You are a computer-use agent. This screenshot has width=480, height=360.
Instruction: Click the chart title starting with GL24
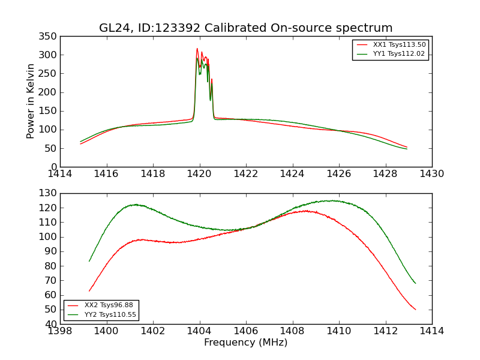[x=246, y=28]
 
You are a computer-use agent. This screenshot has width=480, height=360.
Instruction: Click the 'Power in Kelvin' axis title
[x=31, y=101]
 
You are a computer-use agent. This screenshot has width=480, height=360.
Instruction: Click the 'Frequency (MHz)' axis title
[x=246, y=343]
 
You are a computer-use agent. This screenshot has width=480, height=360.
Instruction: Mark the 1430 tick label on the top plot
[x=432, y=174]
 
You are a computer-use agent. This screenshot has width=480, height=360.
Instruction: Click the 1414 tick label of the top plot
[x=60, y=174]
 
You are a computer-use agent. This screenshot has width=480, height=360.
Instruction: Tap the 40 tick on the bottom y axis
[x=51, y=325]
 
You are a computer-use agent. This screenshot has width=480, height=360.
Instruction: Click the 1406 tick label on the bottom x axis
[x=246, y=331]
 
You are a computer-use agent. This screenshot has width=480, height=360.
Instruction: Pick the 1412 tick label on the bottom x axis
[x=385, y=331]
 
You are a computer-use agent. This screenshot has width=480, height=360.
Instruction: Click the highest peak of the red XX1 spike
[x=197, y=49]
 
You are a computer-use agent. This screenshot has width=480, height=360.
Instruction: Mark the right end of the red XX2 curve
[x=416, y=310]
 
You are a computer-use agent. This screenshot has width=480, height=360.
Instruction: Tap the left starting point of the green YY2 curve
[x=89, y=261]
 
